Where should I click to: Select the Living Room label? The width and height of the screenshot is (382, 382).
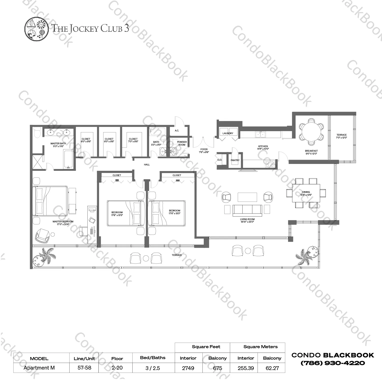pos(247,220)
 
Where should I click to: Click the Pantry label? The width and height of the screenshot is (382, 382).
pos(235,160)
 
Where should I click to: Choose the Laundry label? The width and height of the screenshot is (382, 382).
pos(228,133)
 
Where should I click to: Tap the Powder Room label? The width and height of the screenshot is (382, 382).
pos(182,143)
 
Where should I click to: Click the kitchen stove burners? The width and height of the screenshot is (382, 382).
pos(270,164)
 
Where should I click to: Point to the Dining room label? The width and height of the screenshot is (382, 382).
pos(306,193)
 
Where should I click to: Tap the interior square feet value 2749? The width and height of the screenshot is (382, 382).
pos(188,368)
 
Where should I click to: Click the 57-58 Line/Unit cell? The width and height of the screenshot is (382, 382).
pos(84,368)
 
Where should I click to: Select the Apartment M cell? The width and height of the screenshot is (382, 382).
pos(39,368)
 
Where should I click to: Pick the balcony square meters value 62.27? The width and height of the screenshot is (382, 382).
pos(272,368)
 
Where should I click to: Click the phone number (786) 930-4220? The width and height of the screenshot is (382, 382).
pos(333,363)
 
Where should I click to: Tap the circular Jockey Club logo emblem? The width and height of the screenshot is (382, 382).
pos(36,28)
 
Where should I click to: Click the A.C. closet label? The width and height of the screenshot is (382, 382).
pos(177,131)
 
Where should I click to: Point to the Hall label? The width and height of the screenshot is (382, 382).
pos(147,165)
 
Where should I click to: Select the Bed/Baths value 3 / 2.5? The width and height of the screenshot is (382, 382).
pos(153,368)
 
